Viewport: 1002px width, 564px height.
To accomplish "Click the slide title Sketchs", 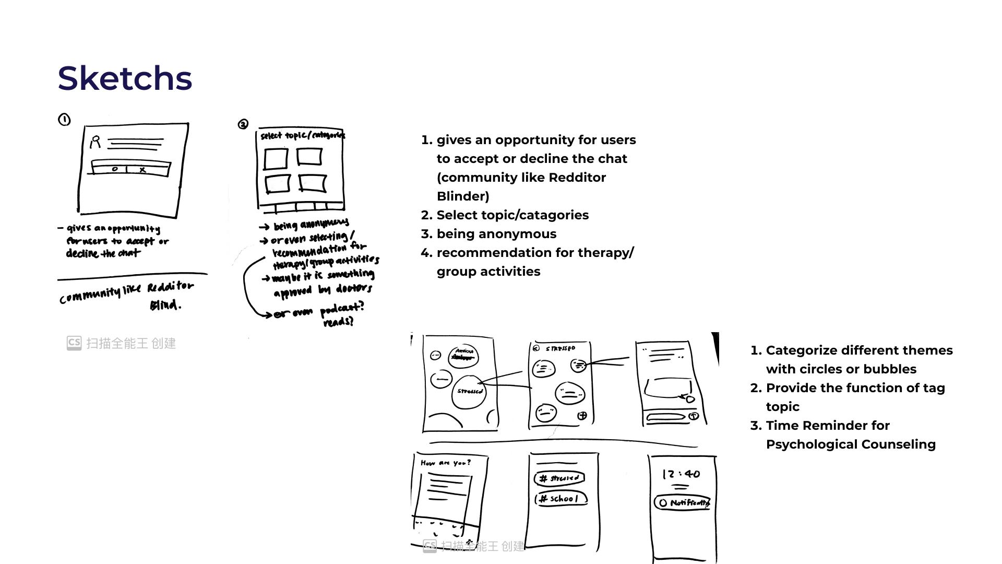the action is (x=125, y=78).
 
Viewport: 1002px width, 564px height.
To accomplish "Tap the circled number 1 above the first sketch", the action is (x=64, y=120).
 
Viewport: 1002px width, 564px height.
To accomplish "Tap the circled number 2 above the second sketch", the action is (x=243, y=124).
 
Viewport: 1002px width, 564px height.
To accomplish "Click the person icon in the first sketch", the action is (x=95, y=142).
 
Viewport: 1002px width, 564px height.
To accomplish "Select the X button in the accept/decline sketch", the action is (x=142, y=170).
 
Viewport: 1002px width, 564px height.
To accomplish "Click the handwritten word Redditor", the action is (x=170, y=287).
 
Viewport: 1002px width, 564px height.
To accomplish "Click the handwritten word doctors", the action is (x=354, y=289).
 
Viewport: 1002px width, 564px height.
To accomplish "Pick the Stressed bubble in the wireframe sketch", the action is (x=469, y=392).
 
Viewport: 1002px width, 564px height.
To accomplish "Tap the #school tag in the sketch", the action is (x=560, y=499).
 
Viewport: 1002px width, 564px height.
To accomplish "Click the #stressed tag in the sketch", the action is (x=559, y=478).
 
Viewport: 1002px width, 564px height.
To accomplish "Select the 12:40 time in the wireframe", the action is (x=681, y=474).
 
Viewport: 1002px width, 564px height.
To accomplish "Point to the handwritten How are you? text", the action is (x=446, y=463).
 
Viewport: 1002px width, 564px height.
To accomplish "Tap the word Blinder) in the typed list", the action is (x=463, y=196).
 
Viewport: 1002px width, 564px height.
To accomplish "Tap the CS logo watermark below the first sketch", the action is (x=74, y=343).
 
